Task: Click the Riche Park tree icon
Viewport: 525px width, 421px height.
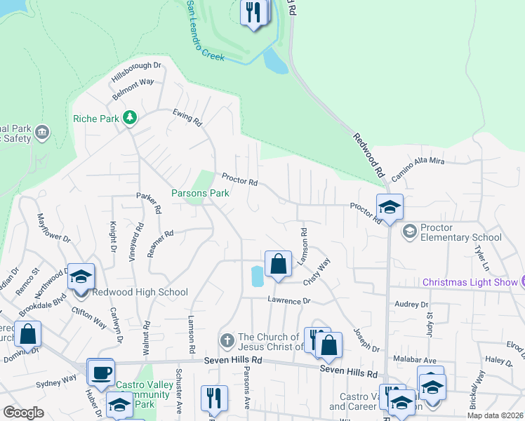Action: [129, 117]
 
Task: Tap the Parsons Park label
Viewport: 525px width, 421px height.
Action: [200, 193]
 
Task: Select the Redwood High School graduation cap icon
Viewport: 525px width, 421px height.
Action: [81, 276]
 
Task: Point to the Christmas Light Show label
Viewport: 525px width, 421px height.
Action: [469, 282]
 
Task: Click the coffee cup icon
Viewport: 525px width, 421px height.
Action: [100, 371]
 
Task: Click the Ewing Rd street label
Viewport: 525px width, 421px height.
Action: [187, 117]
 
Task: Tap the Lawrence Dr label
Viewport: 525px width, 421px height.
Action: [288, 300]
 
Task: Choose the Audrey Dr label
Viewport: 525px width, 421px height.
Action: [411, 305]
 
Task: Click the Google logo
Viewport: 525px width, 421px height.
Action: [24, 413]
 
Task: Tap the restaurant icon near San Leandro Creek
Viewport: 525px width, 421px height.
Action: [253, 12]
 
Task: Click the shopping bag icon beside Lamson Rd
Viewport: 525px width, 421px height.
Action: [278, 264]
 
